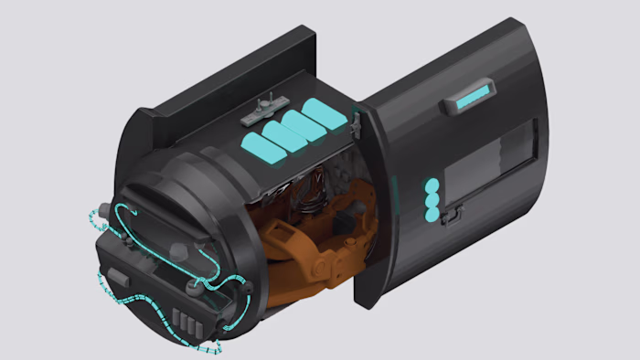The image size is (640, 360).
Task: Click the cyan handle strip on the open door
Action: [x=473, y=95]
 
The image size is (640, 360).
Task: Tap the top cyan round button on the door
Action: [x=432, y=185]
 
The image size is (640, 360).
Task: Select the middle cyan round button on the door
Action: [x=432, y=200]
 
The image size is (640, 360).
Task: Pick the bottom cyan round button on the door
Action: [x=432, y=215]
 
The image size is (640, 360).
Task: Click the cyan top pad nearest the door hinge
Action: [x=325, y=117]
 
